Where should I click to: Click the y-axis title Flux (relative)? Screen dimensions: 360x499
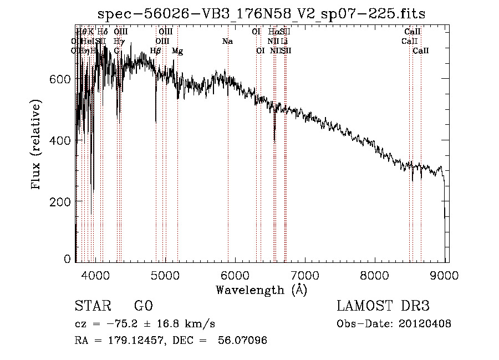point(37,145)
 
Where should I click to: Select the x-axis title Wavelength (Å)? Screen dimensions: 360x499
point(261,290)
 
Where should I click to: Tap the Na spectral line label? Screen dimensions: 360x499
point(227,42)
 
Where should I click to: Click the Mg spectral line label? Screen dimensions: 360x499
point(177,51)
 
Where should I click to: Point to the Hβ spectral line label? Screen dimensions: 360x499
point(156,51)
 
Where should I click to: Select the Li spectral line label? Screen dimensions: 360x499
point(284,42)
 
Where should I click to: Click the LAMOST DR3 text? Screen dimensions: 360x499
point(383,306)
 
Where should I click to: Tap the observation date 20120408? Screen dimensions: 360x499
point(425,324)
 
